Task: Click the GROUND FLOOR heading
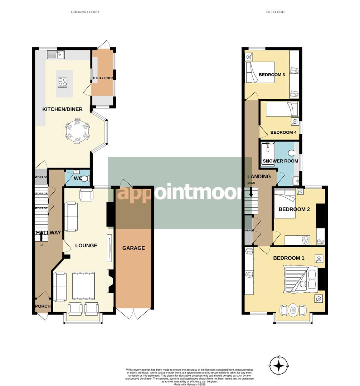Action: (x=85, y=12)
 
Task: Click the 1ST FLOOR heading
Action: (x=275, y=12)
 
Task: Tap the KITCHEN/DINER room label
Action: (x=63, y=109)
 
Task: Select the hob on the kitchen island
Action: (x=62, y=82)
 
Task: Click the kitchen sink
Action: (x=55, y=55)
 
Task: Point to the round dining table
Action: (x=77, y=130)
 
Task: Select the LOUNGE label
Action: (x=86, y=246)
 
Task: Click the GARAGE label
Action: (x=133, y=248)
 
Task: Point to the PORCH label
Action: (x=43, y=306)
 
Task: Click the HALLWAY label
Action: (x=48, y=233)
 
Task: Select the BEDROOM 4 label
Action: (x=283, y=132)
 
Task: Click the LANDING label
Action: (x=259, y=177)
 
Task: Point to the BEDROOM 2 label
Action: (x=294, y=209)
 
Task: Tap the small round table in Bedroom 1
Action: (x=293, y=310)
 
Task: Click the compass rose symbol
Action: (x=279, y=366)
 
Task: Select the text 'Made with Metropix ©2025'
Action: (x=190, y=384)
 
